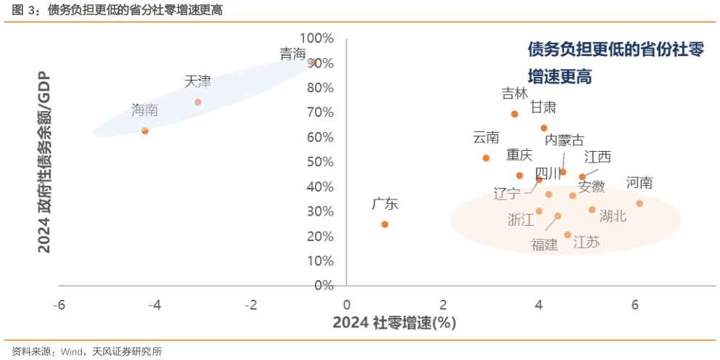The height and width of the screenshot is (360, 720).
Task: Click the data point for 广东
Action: click(x=385, y=224)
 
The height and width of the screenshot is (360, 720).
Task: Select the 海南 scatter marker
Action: click(x=145, y=131)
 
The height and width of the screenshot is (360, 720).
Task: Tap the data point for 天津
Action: click(x=197, y=102)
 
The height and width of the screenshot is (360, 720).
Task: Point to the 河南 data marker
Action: click(x=639, y=203)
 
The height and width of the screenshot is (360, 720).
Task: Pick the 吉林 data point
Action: click(x=515, y=114)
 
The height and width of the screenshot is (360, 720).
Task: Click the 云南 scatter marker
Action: click(x=486, y=158)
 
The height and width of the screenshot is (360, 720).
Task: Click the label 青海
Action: click(x=293, y=54)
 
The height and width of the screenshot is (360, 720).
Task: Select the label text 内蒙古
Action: click(x=564, y=140)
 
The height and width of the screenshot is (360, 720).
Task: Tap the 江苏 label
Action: click(x=586, y=242)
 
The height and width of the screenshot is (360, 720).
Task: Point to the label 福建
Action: click(x=544, y=245)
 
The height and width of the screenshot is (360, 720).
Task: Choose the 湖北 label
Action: click(x=613, y=215)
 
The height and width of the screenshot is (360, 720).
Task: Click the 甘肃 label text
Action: click(x=543, y=107)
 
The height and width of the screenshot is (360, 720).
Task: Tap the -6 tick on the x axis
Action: click(x=60, y=303)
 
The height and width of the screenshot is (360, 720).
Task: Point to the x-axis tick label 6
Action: click(x=636, y=303)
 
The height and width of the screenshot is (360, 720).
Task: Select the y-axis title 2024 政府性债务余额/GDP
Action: click(x=45, y=161)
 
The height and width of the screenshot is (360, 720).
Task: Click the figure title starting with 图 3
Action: click(x=117, y=10)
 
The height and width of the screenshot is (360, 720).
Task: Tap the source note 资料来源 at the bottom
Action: click(x=86, y=351)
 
